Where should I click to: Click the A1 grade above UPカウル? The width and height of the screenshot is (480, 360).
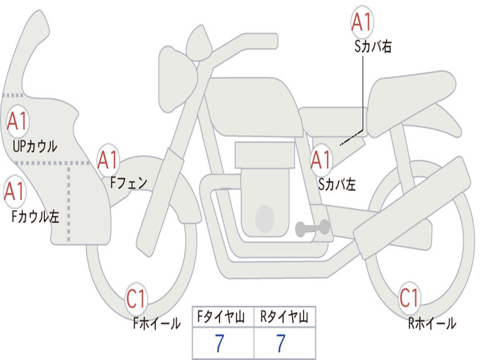tap(17, 122)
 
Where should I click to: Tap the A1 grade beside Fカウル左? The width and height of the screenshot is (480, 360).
tap(15, 191)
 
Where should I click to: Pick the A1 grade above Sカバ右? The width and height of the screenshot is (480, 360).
tap(362, 22)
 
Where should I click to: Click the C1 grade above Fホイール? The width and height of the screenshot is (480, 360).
tap(136, 299)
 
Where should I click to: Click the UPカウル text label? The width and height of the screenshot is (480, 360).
tap(35, 146)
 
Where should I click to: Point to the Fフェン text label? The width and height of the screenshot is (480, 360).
tap(128, 182)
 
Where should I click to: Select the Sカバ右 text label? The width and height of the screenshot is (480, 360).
tap(373, 46)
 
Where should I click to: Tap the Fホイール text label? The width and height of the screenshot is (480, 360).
tap(157, 323)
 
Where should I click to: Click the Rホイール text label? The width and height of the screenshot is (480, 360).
tap(432, 323)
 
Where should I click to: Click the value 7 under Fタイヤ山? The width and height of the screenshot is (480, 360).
tap(219, 344)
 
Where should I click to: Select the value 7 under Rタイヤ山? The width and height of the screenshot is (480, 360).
tap(281, 344)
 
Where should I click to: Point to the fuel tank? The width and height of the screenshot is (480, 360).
tap(253, 105)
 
